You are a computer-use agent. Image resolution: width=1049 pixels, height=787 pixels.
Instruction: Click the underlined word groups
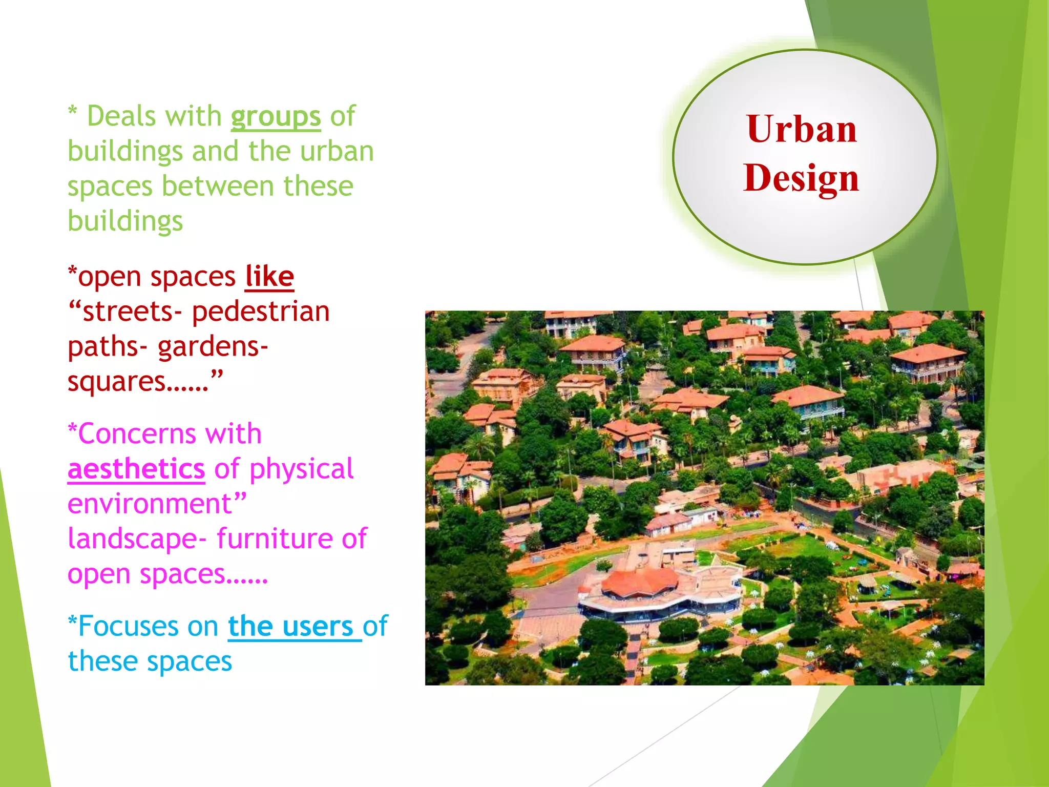(276, 117)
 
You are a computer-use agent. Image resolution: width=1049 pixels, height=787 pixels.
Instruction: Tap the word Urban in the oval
(802, 129)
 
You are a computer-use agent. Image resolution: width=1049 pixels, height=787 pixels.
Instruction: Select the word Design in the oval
(801, 178)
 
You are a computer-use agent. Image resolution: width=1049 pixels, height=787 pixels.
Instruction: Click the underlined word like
(269, 277)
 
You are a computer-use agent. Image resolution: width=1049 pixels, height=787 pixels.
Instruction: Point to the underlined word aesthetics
(136, 469)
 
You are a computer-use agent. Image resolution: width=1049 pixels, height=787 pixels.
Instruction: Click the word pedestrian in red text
(261, 312)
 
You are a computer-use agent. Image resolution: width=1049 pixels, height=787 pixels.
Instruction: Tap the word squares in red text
(117, 382)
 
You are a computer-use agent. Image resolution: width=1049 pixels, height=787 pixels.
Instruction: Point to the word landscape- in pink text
(137, 539)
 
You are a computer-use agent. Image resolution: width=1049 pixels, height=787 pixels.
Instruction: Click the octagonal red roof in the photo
(640, 582)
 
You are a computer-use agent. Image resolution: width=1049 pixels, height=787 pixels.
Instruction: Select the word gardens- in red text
(213, 347)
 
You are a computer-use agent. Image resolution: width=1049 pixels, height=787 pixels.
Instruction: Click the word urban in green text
(337, 152)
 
